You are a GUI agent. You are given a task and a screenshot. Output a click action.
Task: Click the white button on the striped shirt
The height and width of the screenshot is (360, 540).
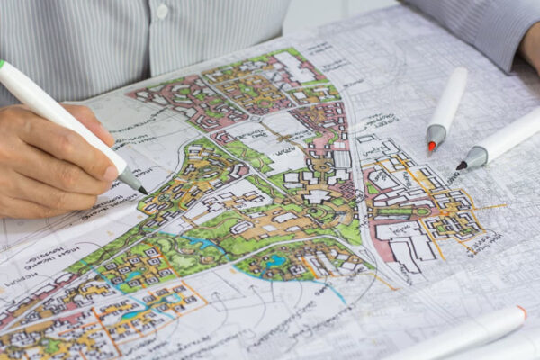[162, 12]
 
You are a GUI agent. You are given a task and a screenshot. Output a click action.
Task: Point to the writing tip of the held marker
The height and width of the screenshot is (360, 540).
[142, 191]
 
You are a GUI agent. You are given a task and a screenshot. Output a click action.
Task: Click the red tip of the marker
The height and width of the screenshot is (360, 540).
[432, 147]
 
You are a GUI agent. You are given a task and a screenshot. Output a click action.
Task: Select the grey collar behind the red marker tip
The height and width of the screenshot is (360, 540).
[436, 134]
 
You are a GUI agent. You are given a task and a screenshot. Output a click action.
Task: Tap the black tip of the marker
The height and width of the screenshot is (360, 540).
[460, 166]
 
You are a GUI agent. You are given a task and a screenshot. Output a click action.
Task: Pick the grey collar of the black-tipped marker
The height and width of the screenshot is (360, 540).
[473, 158]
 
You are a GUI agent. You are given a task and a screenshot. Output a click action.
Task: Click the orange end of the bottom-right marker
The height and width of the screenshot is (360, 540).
[522, 312]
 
